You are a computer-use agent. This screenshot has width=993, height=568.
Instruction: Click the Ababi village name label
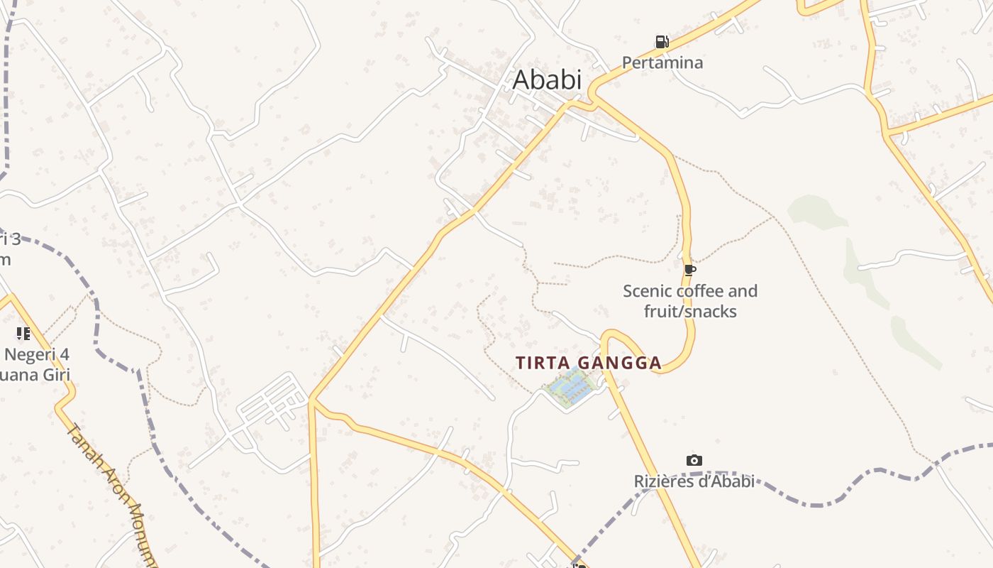[x=547, y=80]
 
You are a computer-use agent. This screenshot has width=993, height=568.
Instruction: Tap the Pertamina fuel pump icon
[x=662, y=42]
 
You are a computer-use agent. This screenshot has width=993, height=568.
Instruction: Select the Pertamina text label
[x=662, y=62]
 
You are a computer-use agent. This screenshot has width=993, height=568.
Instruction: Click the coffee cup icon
[x=690, y=270]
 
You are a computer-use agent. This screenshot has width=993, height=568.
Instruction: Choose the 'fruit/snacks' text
[x=690, y=312]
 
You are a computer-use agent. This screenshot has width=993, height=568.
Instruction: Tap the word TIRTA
[x=543, y=363]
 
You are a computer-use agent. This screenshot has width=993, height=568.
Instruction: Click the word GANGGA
[x=620, y=363]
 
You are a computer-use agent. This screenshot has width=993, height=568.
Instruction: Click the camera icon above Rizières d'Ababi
[x=694, y=461]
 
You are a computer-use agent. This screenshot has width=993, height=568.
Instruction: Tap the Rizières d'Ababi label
[x=694, y=481]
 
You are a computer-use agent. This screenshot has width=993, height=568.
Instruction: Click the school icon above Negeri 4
[x=23, y=333]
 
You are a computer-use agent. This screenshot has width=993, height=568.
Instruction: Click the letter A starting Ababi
[x=521, y=80]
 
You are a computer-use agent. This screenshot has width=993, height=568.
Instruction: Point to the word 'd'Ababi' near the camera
[x=727, y=481]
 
